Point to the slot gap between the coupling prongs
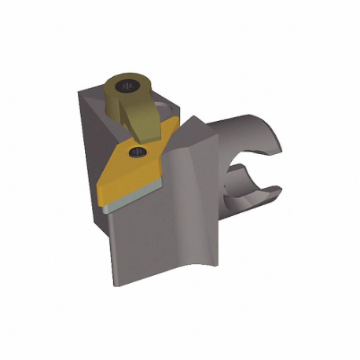(255, 167)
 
